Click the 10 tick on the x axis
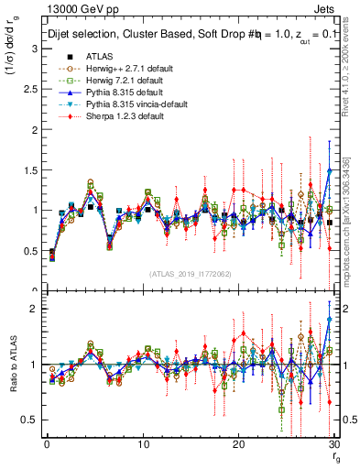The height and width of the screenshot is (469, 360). click(143, 444)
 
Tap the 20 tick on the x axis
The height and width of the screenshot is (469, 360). click(239, 444)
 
